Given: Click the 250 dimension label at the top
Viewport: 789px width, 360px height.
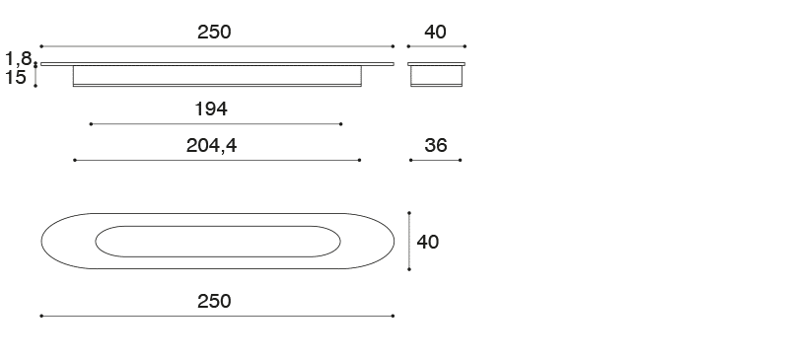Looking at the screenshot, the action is pos(214,33).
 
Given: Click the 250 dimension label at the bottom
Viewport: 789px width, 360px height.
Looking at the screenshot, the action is pos(214,301).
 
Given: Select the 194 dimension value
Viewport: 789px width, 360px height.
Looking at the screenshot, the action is pos(211,108).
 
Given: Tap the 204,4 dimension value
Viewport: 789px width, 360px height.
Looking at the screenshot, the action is pos(211,146).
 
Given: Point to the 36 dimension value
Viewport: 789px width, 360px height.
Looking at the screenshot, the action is pos(436,146).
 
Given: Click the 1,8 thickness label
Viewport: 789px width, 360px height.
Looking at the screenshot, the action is pos(19,59).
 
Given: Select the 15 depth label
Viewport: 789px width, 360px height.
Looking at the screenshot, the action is pos(15,78).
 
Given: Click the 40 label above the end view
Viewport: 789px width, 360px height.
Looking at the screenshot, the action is pos(435,33).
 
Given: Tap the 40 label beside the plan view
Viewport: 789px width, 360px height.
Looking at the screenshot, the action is pos(428,243).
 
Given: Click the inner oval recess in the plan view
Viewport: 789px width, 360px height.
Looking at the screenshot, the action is pos(218,226).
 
